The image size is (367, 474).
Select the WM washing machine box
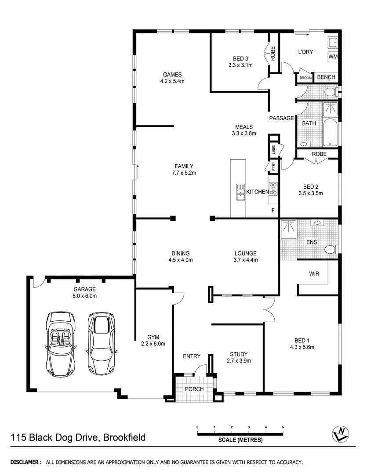[x=333, y=57]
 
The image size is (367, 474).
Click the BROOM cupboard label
[x=305, y=78]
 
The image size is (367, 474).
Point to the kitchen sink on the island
[x=240, y=192]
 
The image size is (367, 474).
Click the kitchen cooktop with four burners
[x=273, y=189]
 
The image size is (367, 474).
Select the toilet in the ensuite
[x=330, y=249]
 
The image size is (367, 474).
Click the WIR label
[x=314, y=273]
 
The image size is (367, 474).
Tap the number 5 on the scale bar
[x=283, y=427]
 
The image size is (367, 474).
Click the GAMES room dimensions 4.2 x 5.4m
[x=172, y=81]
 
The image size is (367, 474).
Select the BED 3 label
[x=240, y=59]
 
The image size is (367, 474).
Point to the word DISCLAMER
[x=26, y=462]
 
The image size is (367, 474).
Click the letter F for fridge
[x=273, y=211]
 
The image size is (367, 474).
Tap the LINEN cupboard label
[x=273, y=150]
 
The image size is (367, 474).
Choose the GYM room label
[x=153, y=337]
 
